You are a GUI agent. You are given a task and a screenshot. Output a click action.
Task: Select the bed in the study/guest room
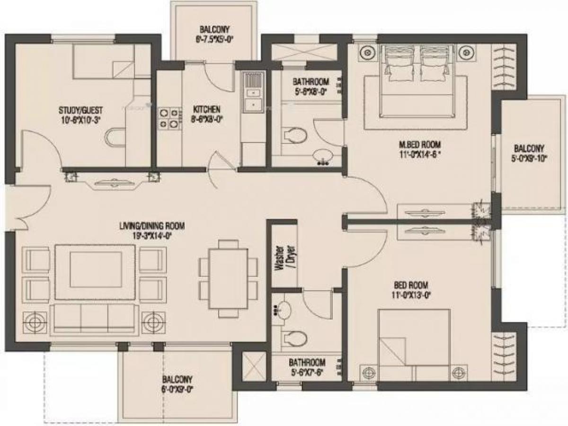tap(103, 62)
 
